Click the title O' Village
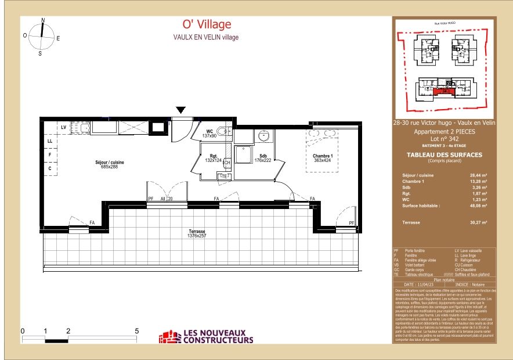coord(206,24)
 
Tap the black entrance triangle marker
coord(181,110)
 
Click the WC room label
coord(209,132)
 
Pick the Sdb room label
coord(263,156)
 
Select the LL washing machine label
coord(50,141)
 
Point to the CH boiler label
coord(227,163)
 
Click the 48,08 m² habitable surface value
coord(478,206)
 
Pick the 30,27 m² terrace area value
coord(478,222)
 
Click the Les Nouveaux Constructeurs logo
coord(207,336)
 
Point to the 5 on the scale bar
coord(137,331)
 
